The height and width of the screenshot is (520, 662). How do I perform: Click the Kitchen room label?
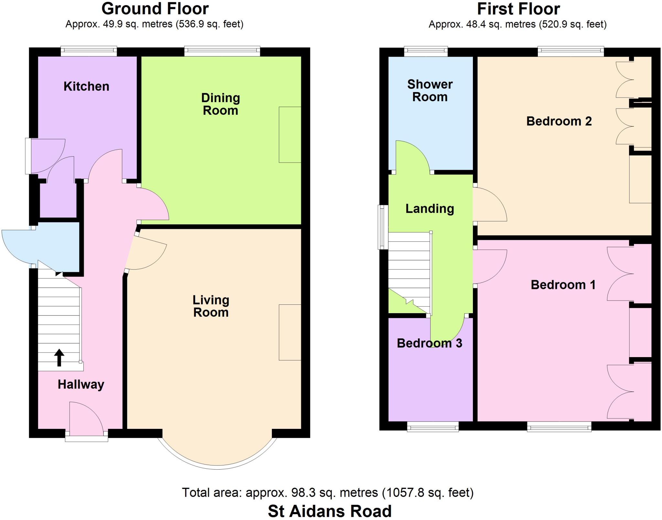86,87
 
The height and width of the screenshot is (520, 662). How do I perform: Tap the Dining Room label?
220,104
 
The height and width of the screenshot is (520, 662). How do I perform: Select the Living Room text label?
211,306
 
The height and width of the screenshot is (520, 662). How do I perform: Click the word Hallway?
81,385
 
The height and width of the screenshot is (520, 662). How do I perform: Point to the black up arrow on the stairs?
59,357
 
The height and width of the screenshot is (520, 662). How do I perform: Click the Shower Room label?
430,90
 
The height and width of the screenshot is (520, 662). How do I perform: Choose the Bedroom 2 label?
559,121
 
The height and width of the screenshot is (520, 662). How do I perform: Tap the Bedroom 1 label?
563,285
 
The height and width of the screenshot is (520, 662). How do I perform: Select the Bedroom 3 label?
429,343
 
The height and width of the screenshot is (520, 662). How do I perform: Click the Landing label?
430,209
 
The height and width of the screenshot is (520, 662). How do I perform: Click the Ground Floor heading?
155,9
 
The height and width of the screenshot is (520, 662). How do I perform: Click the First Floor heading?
518,9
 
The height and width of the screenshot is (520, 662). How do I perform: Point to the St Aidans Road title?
330,511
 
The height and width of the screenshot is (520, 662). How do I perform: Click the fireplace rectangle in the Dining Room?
290,134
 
